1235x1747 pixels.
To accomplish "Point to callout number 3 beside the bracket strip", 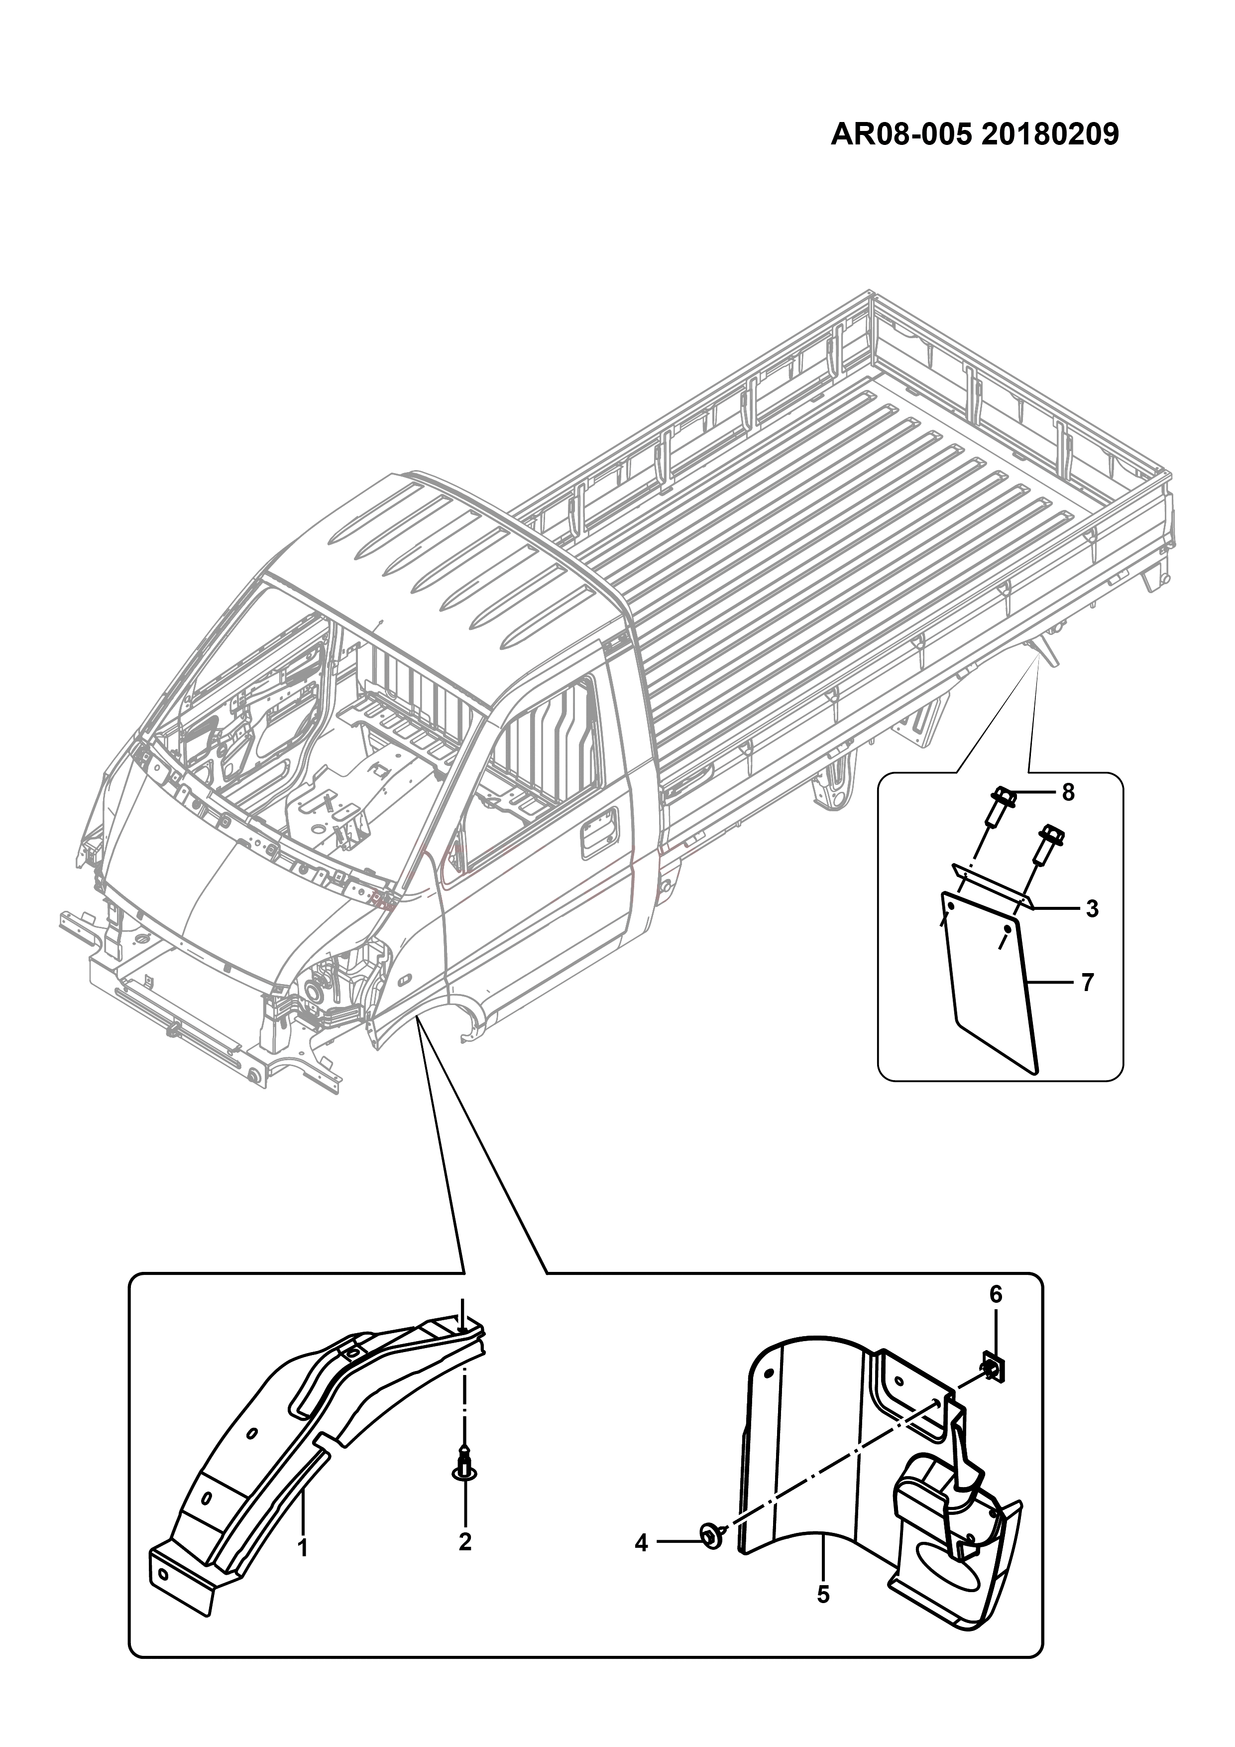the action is [1092, 908].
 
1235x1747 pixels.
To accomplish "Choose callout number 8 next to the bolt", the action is [1068, 792].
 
